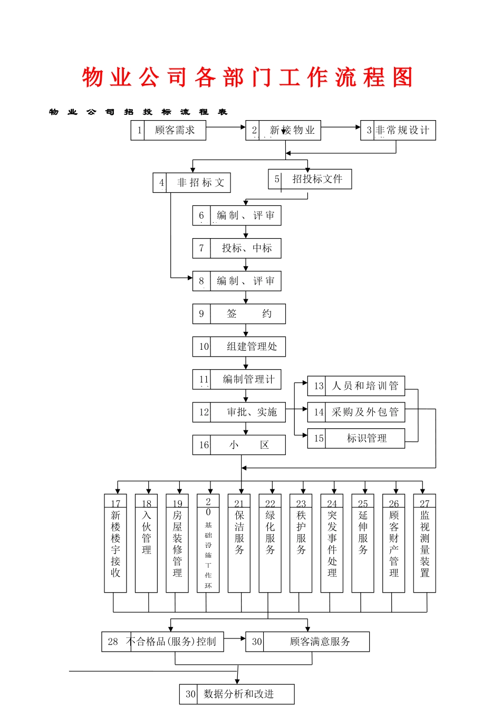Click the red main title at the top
(248, 77)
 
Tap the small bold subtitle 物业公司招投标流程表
(138, 112)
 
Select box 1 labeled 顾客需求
(168, 130)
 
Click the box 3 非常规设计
(398, 130)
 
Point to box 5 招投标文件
(310, 179)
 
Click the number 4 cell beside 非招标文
(160, 183)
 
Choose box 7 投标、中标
(237, 248)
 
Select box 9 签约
(239, 314)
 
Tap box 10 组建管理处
(239, 347)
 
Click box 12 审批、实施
(239, 412)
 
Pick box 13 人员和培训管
(357, 386)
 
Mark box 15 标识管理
(357, 438)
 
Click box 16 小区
(239, 445)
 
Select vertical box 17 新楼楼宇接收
(115, 543)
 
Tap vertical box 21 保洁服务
(239, 543)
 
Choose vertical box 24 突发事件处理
(332, 543)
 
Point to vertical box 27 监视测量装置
(425, 543)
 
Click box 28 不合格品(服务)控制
(162, 642)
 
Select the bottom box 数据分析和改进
(237, 694)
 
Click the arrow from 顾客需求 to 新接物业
(226, 127)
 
